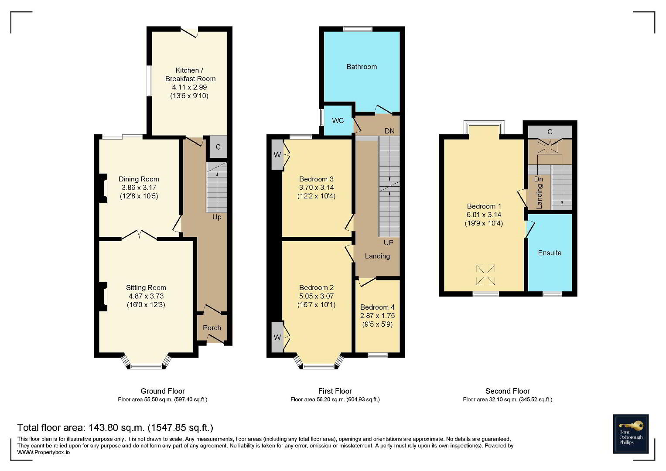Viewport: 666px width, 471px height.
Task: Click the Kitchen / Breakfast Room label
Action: pyautogui.click(x=190, y=74)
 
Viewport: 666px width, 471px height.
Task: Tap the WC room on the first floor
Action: pyautogui.click(x=338, y=120)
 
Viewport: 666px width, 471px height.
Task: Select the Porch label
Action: pyautogui.click(x=212, y=328)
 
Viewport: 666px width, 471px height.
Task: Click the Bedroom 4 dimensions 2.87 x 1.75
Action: pyautogui.click(x=377, y=315)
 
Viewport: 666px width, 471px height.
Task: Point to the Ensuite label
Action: pyautogui.click(x=550, y=253)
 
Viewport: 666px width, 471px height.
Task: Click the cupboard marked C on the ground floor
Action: pyautogui.click(x=219, y=147)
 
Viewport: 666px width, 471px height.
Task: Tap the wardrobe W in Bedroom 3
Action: pyautogui.click(x=277, y=155)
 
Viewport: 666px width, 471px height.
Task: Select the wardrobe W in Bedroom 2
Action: pyautogui.click(x=277, y=337)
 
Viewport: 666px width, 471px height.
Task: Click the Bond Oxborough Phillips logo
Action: pyautogui.click(x=631, y=434)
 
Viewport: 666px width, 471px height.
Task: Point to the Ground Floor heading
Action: pyautogui.click(x=163, y=391)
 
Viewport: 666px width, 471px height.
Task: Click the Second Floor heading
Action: pyautogui.click(x=508, y=391)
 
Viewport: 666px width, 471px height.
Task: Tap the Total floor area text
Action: pyautogui.click(x=115, y=427)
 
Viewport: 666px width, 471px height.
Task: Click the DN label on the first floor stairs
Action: pyautogui.click(x=389, y=131)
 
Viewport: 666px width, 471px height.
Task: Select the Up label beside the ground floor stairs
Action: pyautogui.click(x=217, y=217)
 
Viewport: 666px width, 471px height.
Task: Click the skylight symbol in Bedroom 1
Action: pyautogui.click(x=485, y=274)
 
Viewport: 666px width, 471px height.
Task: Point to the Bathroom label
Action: pyautogui.click(x=362, y=67)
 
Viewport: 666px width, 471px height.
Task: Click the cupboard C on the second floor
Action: pyautogui.click(x=550, y=132)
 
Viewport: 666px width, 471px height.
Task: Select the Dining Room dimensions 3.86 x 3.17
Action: pyautogui.click(x=139, y=188)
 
